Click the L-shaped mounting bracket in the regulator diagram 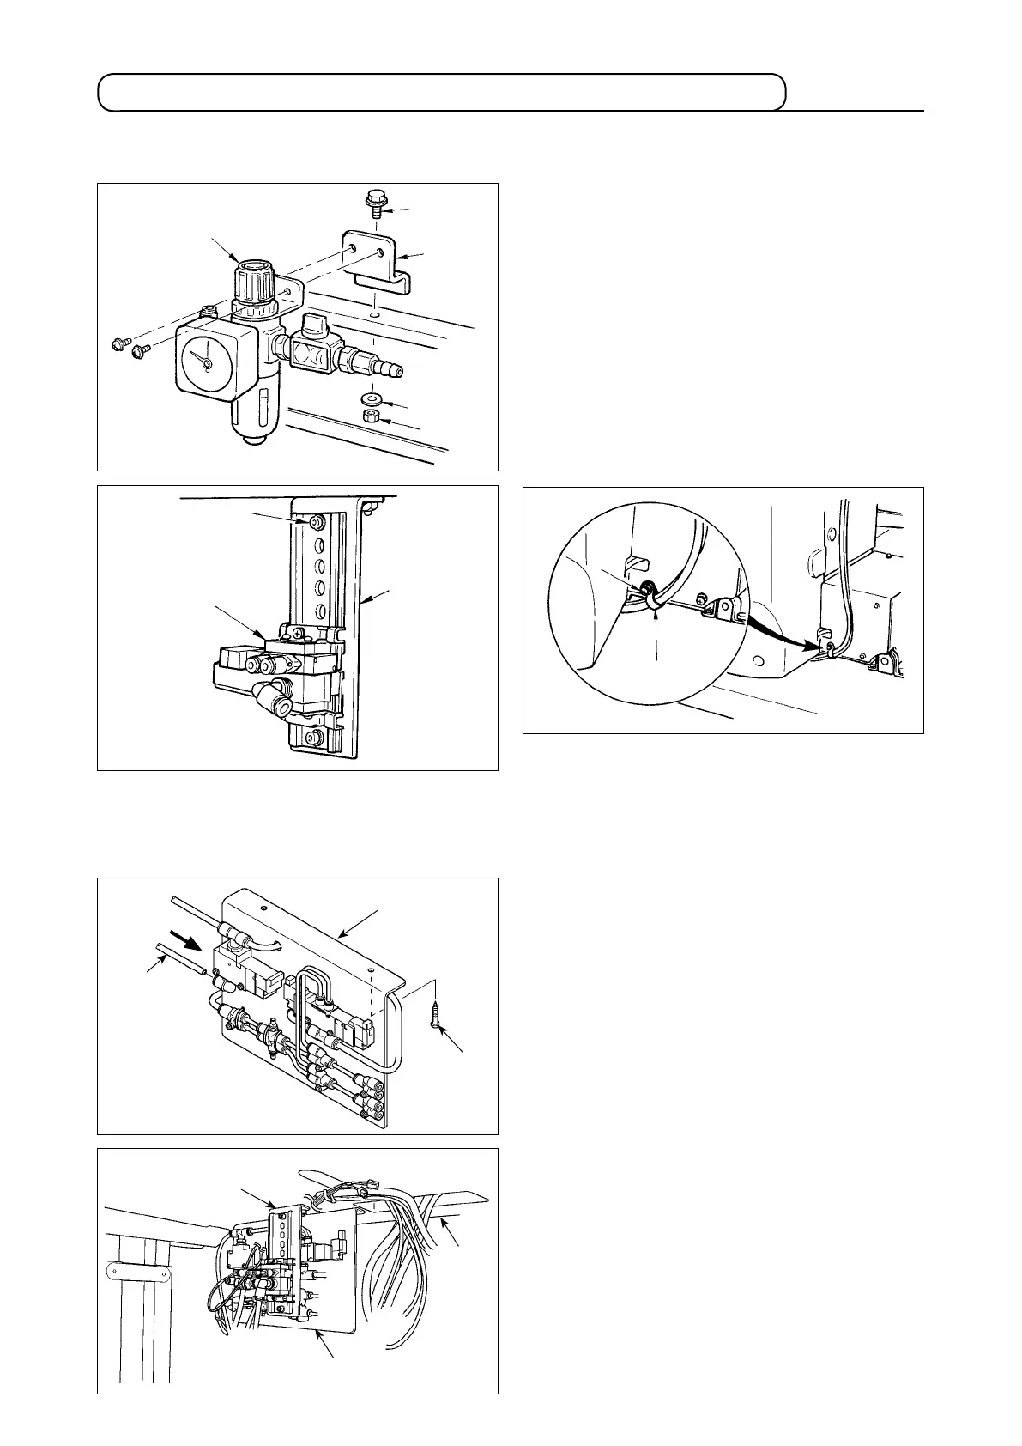tap(378, 258)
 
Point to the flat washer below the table tap(372, 399)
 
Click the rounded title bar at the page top tap(442, 92)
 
